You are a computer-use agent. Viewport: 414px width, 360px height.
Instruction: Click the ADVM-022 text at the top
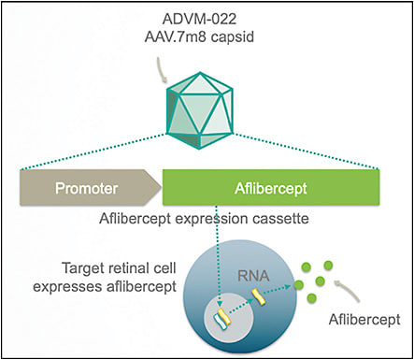[x=207, y=20]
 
